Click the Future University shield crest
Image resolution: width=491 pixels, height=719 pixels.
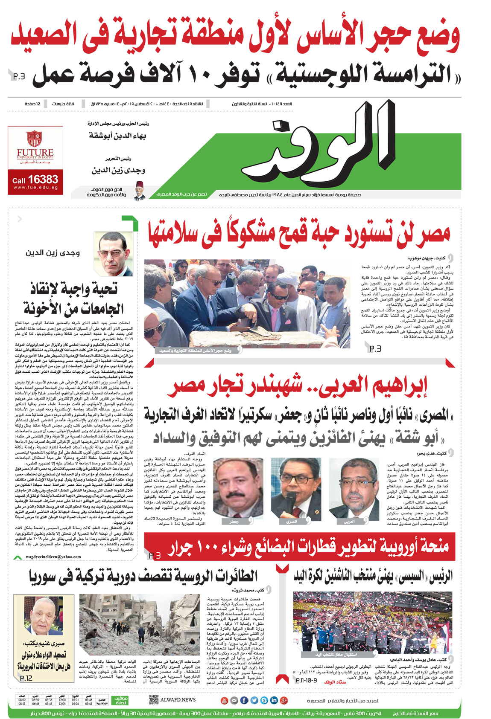tap(35, 138)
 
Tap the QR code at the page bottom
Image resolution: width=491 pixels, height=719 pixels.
tap(154, 700)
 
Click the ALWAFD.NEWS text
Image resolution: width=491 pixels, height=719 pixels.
tap(178, 700)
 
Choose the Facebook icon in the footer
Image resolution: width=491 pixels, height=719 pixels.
tap(244, 700)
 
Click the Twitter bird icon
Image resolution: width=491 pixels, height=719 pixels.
tap(254, 700)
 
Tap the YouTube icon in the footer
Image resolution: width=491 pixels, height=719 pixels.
tap(225, 700)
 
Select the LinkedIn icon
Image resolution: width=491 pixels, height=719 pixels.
tap(274, 700)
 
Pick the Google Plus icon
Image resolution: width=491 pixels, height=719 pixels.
tap(283, 700)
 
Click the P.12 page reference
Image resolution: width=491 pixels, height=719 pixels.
tap(26, 678)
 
